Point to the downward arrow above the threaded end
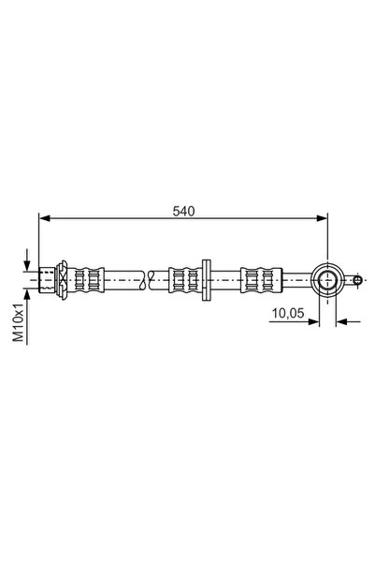pyautogui.click(x=28, y=261)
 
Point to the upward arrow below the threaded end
pyautogui.click(x=28, y=293)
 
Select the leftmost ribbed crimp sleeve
pyautogui.click(x=86, y=277)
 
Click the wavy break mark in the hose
pyautogui.click(x=147, y=277)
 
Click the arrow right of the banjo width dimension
pyautogui.click(x=343, y=321)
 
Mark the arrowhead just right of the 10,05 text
pyautogui.click(x=314, y=321)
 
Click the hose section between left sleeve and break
pyautogui.click(x=122, y=277)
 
